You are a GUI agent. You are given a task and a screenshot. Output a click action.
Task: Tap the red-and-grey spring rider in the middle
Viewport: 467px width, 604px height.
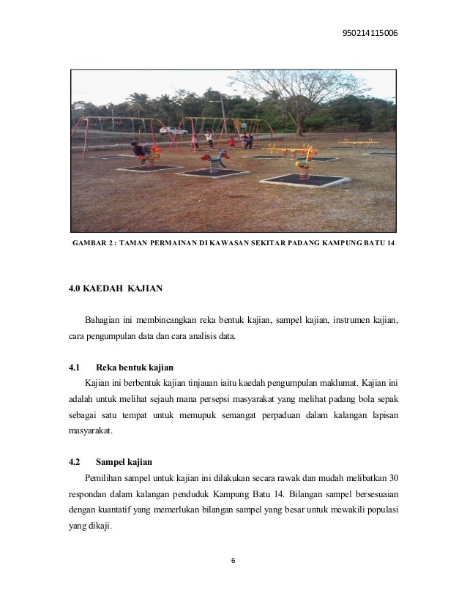(214, 160)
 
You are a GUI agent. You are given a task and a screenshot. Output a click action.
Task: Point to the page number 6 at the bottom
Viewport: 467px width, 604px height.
(233, 562)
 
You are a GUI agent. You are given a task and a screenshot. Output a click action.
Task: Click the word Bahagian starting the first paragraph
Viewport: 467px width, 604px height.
(105, 321)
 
